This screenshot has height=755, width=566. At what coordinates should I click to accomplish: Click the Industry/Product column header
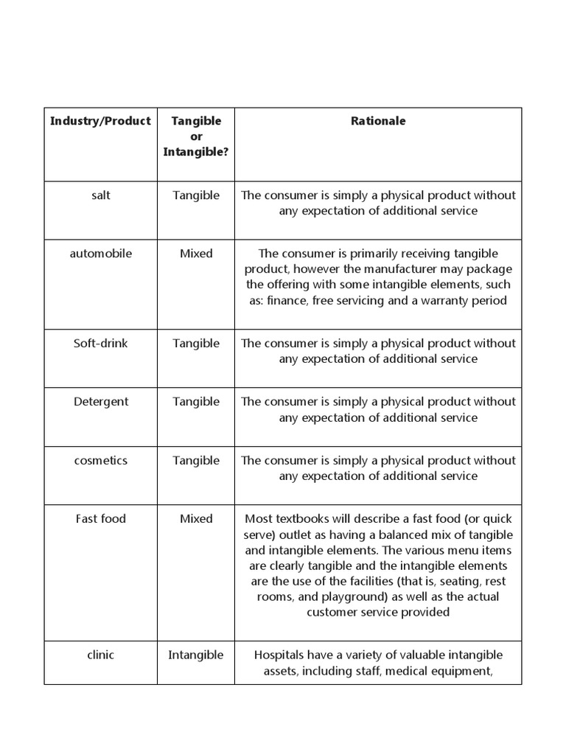pos(100,121)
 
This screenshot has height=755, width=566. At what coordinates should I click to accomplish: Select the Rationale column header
pos(378,121)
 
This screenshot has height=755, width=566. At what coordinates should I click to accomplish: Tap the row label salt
pos(100,195)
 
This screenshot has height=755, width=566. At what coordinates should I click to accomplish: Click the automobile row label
pos(100,254)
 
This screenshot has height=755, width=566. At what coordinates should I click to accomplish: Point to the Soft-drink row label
pos(100,344)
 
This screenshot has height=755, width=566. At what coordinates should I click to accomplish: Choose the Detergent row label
pos(100,402)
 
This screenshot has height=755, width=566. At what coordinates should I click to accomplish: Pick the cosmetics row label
pos(100,461)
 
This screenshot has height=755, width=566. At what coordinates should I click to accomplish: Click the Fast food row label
pos(100,519)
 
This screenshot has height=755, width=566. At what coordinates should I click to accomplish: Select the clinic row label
pos(100,655)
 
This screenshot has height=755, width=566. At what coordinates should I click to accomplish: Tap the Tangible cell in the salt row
pos(196,195)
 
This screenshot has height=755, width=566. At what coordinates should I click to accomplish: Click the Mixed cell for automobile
pos(196,254)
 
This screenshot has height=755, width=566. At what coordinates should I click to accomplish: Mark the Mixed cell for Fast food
pos(196,519)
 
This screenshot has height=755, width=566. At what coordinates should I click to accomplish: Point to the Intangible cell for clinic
pos(196,655)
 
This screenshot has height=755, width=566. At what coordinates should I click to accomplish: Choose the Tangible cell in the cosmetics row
pos(196,461)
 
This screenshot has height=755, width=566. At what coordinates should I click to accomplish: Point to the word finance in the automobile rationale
pos(289,301)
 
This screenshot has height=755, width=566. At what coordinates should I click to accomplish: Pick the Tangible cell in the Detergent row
pos(196,402)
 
